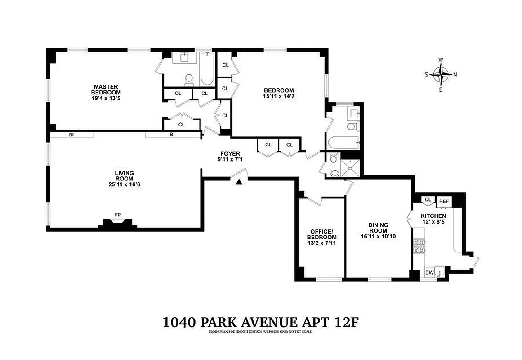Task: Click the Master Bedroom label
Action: pos(106,90)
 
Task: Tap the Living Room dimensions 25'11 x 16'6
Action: pos(124,184)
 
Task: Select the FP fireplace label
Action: pos(118,215)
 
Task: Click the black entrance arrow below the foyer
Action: pos(239,181)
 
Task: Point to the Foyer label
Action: pos(229,153)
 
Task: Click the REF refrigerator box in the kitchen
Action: pos(444,202)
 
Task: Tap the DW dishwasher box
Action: pos(429,273)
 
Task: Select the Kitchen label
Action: pos(433,216)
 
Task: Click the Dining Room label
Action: pos(378,228)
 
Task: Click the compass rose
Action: pos(441,75)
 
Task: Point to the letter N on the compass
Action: pos(455,75)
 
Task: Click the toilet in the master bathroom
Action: pos(189,80)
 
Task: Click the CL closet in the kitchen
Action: pos(427,200)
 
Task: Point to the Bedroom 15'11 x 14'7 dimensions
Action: pos(279,96)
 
